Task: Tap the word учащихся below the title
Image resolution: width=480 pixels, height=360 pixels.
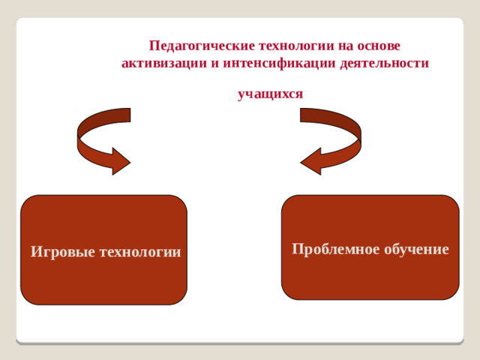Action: point(270,94)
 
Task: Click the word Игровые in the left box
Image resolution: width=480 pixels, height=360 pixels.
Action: point(61,251)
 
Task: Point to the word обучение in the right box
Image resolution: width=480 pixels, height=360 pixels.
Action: point(416,249)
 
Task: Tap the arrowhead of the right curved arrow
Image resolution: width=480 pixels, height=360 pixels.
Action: point(311,160)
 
